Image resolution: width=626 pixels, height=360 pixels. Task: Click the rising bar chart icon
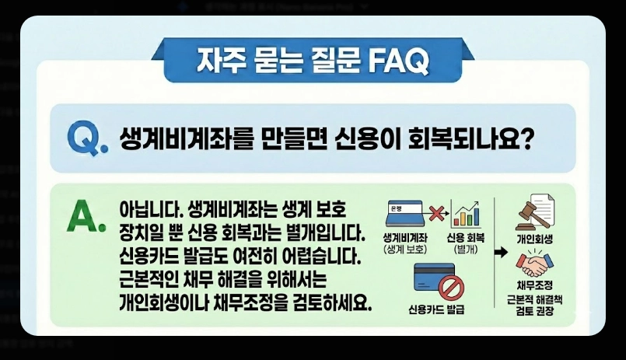466,215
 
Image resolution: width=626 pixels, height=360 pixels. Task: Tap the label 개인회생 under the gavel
534,237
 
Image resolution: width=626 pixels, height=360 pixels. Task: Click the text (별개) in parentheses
466,249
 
